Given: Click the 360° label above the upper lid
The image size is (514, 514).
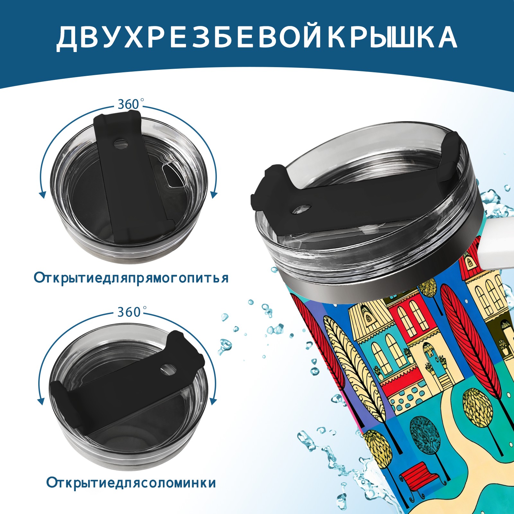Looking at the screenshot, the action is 128,104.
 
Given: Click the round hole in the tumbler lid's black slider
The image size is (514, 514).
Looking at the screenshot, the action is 302,209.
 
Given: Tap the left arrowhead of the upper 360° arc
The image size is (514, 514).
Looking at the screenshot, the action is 42,195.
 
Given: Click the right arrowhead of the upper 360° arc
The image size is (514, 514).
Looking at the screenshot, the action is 214,195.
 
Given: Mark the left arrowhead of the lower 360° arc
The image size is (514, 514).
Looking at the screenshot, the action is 41,402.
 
